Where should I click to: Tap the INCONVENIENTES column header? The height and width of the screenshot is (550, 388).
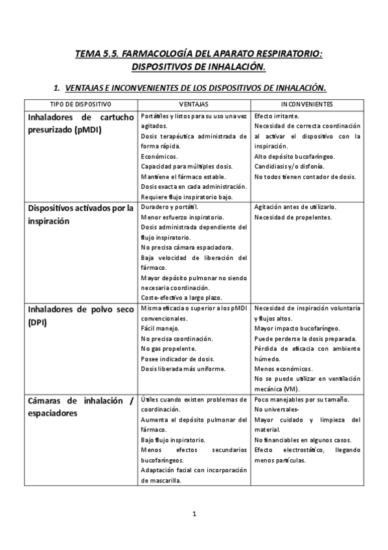[x=307, y=104]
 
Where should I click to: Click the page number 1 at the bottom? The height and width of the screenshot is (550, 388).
[x=194, y=514]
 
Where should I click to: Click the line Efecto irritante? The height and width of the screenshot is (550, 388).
[x=277, y=115]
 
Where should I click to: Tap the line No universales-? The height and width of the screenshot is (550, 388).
[x=277, y=410]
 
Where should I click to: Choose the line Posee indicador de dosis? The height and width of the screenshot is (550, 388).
[x=172, y=359]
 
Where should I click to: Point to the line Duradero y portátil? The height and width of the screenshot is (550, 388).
[x=170, y=207]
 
